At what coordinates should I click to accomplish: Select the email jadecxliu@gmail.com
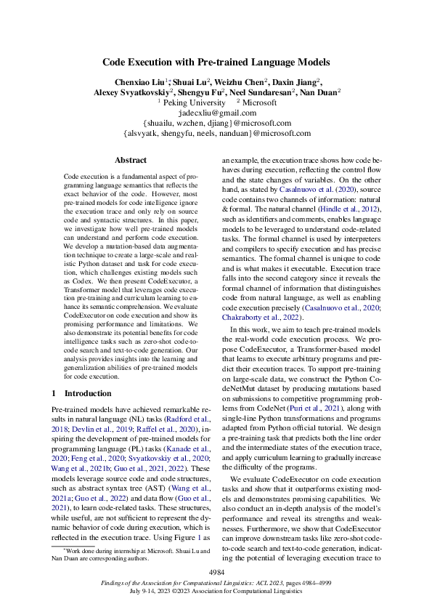pos(216,113)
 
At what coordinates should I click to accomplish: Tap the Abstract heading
pos(131,160)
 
